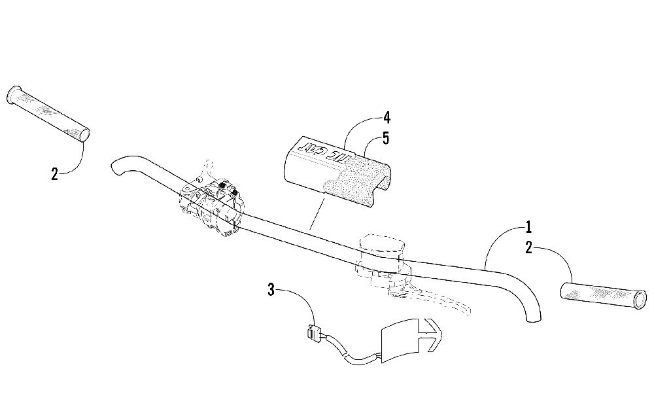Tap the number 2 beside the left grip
(54, 173)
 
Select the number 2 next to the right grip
(528, 247)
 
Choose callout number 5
(387, 139)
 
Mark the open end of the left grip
(83, 135)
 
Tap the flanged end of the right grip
(640, 300)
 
